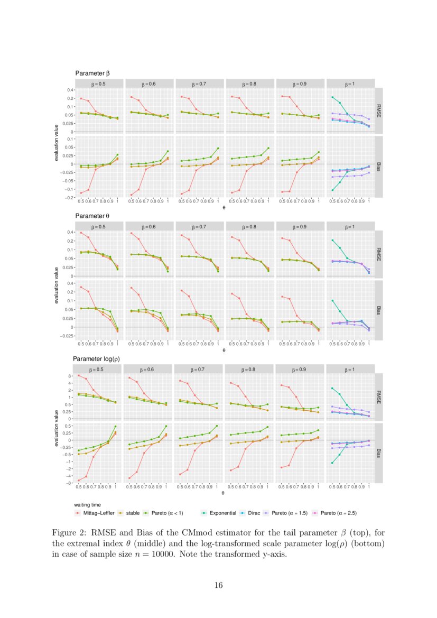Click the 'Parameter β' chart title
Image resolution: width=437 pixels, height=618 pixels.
tap(92, 73)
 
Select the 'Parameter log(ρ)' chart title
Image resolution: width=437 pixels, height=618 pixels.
tap(97, 359)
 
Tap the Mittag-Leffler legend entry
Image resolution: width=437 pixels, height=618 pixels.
tap(96, 512)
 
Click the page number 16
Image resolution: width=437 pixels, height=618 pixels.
tap(218, 585)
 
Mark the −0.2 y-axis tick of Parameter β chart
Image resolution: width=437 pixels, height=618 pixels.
tap(69, 198)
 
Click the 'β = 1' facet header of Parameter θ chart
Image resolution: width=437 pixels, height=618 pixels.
tap(350, 226)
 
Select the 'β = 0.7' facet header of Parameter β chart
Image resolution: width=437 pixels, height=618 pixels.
tap(199, 84)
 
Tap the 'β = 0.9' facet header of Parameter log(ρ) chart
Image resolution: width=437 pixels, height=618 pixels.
tap(300, 369)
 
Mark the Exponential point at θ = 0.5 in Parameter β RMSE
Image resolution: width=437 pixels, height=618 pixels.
tap(332, 97)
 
